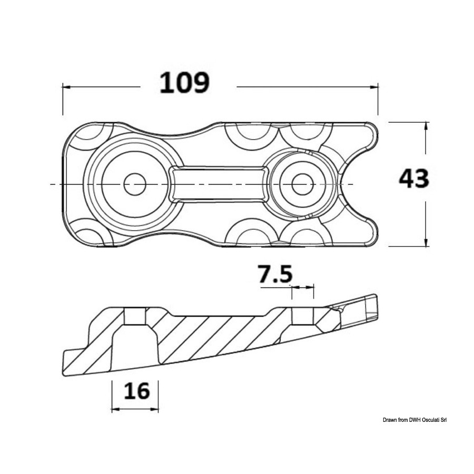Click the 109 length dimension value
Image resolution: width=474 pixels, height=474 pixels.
[x=184, y=83]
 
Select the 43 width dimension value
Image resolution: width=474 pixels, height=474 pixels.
[x=413, y=178]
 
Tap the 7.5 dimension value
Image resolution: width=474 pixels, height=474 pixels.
[x=275, y=274]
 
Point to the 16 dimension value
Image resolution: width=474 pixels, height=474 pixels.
[x=137, y=391]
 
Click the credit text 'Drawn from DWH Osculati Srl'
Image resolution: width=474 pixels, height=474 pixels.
[x=415, y=420]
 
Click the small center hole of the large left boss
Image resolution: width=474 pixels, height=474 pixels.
[x=135, y=184]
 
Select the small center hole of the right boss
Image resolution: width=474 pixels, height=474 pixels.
[x=303, y=184]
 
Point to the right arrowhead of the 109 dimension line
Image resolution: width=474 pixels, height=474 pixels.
[x=374, y=87]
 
